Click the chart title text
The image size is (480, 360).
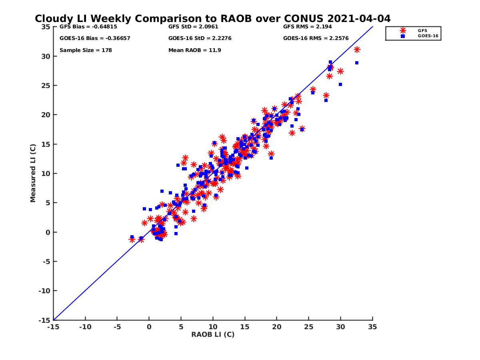(x=213, y=19)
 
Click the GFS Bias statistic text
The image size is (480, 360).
(x=83, y=27)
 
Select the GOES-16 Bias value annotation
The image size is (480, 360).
(x=95, y=38)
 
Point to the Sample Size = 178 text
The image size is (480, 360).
(x=86, y=50)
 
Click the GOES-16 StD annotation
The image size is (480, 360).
(x=200, y=38)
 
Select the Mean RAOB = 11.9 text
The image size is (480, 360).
(x=195, y=50)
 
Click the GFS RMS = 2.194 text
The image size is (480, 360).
(x=307, y=27)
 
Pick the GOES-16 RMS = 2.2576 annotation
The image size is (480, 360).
(x=316, y=38)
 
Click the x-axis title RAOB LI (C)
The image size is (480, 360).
(x=213, y=334)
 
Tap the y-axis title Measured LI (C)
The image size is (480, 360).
(x=33, y=174)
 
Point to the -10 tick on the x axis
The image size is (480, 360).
(x=85, y=327)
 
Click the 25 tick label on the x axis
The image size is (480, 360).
(x=309, y=327)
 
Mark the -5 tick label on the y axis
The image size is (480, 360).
(x=46, y=262)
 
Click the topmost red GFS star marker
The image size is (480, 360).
(x=357, y=50)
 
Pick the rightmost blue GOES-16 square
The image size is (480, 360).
(x=356, y=63)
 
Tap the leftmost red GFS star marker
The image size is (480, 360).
(x=132, y=240)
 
